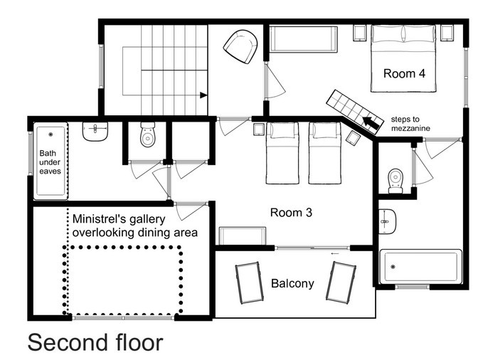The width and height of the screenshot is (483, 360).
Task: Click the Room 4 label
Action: pos(404,74)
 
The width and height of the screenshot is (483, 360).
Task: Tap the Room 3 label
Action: pos(291,212)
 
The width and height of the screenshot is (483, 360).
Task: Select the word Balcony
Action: pos(292,284)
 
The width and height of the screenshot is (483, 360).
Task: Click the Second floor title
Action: pos(95,342)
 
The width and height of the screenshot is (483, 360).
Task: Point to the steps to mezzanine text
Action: pos(410,124)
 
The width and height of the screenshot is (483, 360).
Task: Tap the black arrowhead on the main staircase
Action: pos(203,95)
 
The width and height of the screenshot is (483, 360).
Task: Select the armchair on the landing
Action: pos(240,46)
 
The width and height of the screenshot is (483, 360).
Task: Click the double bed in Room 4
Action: pos(403,58)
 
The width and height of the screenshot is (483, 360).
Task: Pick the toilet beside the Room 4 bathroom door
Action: pos(396,181)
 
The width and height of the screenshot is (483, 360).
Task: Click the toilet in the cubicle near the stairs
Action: pos(147,134)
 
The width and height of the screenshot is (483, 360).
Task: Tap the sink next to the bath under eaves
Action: pos(95,132)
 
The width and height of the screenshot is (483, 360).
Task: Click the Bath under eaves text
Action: pos(50,162)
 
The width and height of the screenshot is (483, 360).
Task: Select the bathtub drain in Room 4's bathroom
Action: pos(393,267)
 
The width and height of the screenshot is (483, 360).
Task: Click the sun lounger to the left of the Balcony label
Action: pos(249,282)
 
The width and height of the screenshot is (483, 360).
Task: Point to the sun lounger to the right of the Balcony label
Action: pos(341,282)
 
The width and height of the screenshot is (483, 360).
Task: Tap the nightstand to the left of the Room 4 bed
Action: pos(359,33)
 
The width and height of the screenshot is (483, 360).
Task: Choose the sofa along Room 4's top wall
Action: pos(304,39)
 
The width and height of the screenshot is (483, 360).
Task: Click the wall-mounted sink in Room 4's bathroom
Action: pos(387,221)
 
